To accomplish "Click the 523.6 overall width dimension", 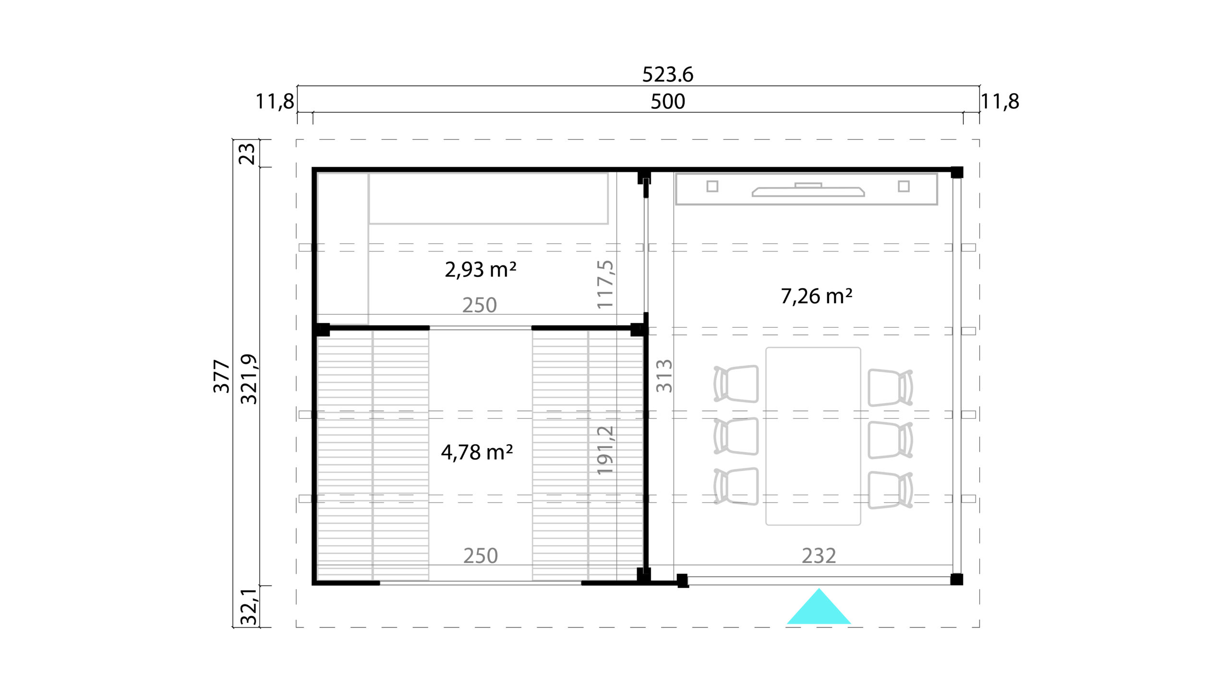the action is (x=668, y=75).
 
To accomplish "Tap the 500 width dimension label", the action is (x=668, y=102).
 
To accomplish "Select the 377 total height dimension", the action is (x=222, y=376).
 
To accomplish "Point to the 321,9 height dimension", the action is (x=249, y=379).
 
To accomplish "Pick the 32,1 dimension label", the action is (x=249, y=607).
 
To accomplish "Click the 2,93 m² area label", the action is (x=481, y=269).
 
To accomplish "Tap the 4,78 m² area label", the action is (x=477, y=452).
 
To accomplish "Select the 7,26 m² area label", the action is (x=817, y=296).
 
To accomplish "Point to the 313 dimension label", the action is (x=664, y=376).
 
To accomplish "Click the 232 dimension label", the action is (x=819, y=556).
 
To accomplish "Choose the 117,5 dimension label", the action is (x=605, y=285).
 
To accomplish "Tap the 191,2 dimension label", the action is (x=605, y=451).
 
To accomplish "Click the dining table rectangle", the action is (x=813, y=436).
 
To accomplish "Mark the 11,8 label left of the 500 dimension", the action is (x=275, y=102).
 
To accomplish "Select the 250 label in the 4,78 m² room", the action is (x=481, y=556).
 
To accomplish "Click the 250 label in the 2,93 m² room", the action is (x=480, y=305).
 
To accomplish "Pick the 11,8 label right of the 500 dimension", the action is (x=1000, y=102).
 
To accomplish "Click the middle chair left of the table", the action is (x=736, y=436).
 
